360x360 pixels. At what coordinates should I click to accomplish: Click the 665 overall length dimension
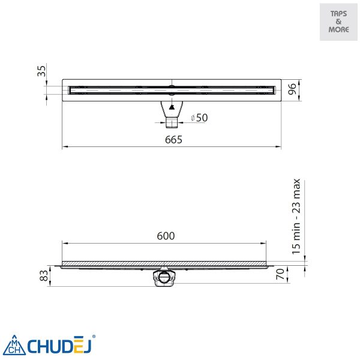pyautogui.click(x=173, y=140)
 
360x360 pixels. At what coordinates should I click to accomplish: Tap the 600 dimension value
pyautogui.click(x=166, y=236)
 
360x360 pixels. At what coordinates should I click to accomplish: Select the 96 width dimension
pyautogui.click(x=292, y=89)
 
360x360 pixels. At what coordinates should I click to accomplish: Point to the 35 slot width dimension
pyautogui.click(x=41, y=71)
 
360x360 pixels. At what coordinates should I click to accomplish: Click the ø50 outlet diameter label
pyautogui.click(x=199, y=118)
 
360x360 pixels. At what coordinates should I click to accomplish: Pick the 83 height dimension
pyautogui.click(x=44, y=275)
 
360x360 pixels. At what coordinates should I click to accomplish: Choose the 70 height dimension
pyautogui.click(x=280, y=274)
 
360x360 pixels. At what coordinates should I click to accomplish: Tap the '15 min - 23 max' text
pyautogui.click(x=296, y=217)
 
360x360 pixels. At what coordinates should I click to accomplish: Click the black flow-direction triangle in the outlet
pyautogui.click(x=172, y=107)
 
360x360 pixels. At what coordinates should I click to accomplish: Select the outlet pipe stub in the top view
pyautogui.click(x=172, y=122)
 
